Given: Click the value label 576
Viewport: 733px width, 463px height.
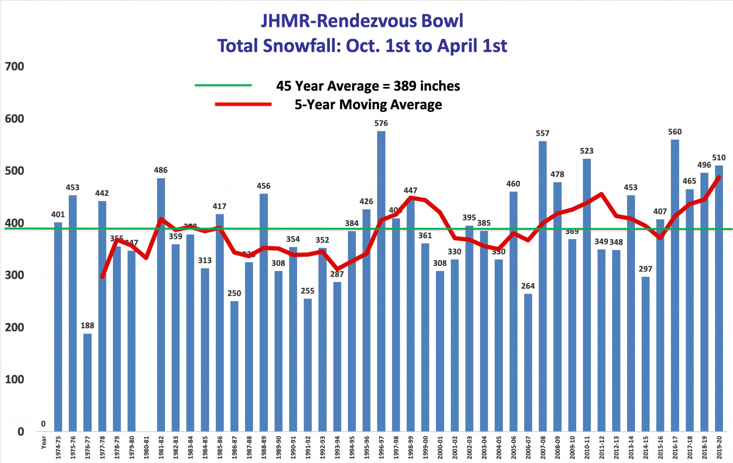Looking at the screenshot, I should point(381,123).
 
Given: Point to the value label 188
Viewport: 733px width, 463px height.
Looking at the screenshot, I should point(87,326).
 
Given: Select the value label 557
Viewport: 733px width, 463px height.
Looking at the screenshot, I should point(543,133).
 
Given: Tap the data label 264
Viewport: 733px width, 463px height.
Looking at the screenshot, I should point(528,286).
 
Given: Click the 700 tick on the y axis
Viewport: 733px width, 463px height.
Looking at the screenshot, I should point(15,67).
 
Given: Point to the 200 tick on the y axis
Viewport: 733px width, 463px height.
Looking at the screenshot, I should point(15,327).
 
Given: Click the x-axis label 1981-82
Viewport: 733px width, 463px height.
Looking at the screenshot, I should point(161,447).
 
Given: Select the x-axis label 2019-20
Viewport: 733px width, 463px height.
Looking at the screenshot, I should point(719,447).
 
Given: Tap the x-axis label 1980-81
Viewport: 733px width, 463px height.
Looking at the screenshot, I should point(146,447).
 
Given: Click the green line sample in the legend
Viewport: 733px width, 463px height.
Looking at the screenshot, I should point(223,86).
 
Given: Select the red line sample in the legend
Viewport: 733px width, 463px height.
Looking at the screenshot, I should point(243,104).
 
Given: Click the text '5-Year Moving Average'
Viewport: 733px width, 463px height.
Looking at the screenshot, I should point(368,104).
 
